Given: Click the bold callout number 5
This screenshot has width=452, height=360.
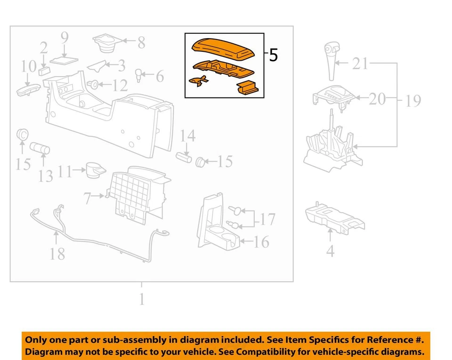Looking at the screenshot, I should [x=273, y=56].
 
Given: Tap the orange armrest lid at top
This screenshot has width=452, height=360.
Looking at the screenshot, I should [x=224, y=49].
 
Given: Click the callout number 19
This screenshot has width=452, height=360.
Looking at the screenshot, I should [x=413, y=100].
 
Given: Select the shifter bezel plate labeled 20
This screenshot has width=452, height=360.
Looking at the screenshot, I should [x=334, y=96].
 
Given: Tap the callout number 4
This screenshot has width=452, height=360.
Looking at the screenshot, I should [x=330, y=250].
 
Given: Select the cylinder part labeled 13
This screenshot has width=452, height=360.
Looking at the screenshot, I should [x=40, y=149].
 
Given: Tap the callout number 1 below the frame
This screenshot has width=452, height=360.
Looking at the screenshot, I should [x=141, y=299].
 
